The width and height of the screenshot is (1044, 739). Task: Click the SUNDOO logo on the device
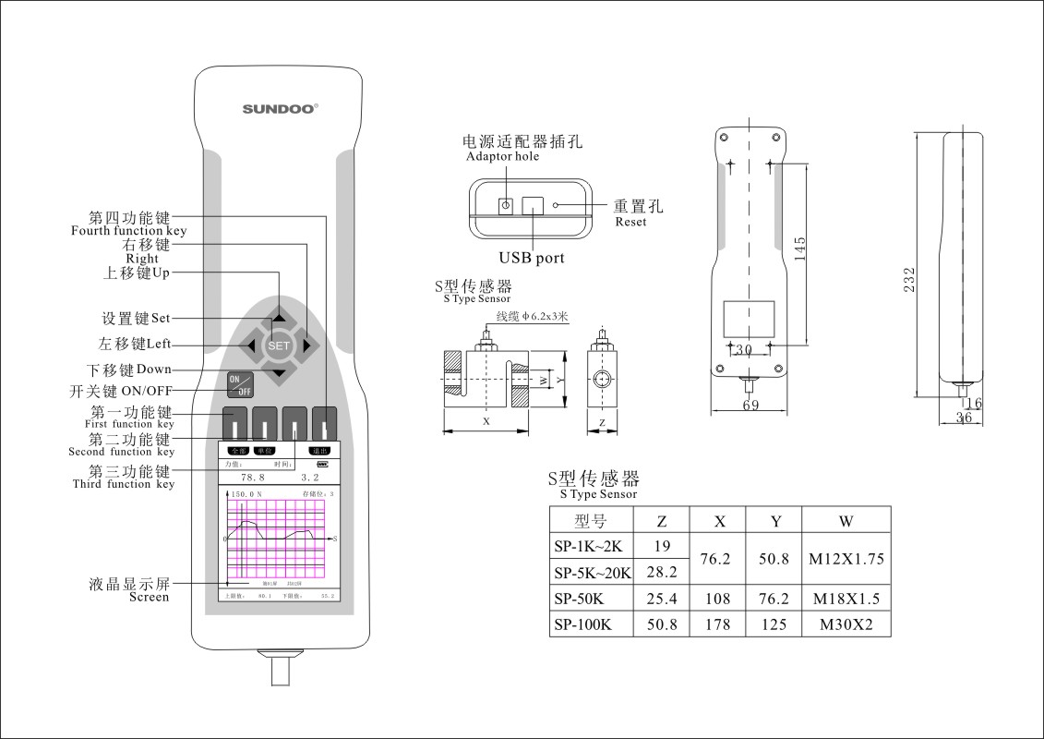(280, 108)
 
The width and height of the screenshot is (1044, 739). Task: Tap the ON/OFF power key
(240, 384)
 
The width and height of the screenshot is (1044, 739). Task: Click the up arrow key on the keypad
(279, 317)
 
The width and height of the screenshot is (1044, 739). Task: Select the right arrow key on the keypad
(309, 346)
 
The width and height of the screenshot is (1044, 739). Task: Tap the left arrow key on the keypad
(248, 346)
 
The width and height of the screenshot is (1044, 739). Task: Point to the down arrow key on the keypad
(279, 374)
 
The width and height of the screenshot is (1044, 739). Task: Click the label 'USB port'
(532, 259)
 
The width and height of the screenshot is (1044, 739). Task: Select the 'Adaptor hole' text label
(503, 157)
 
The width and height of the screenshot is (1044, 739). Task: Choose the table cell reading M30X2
(846, 624)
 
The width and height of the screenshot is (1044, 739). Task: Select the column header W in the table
(846, 520)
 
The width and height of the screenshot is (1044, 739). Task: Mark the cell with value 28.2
(661, 573)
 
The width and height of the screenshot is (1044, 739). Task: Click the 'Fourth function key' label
(129, 231)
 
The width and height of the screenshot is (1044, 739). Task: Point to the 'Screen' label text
(149, 598)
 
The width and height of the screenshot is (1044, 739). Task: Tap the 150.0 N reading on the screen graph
(248, 495)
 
